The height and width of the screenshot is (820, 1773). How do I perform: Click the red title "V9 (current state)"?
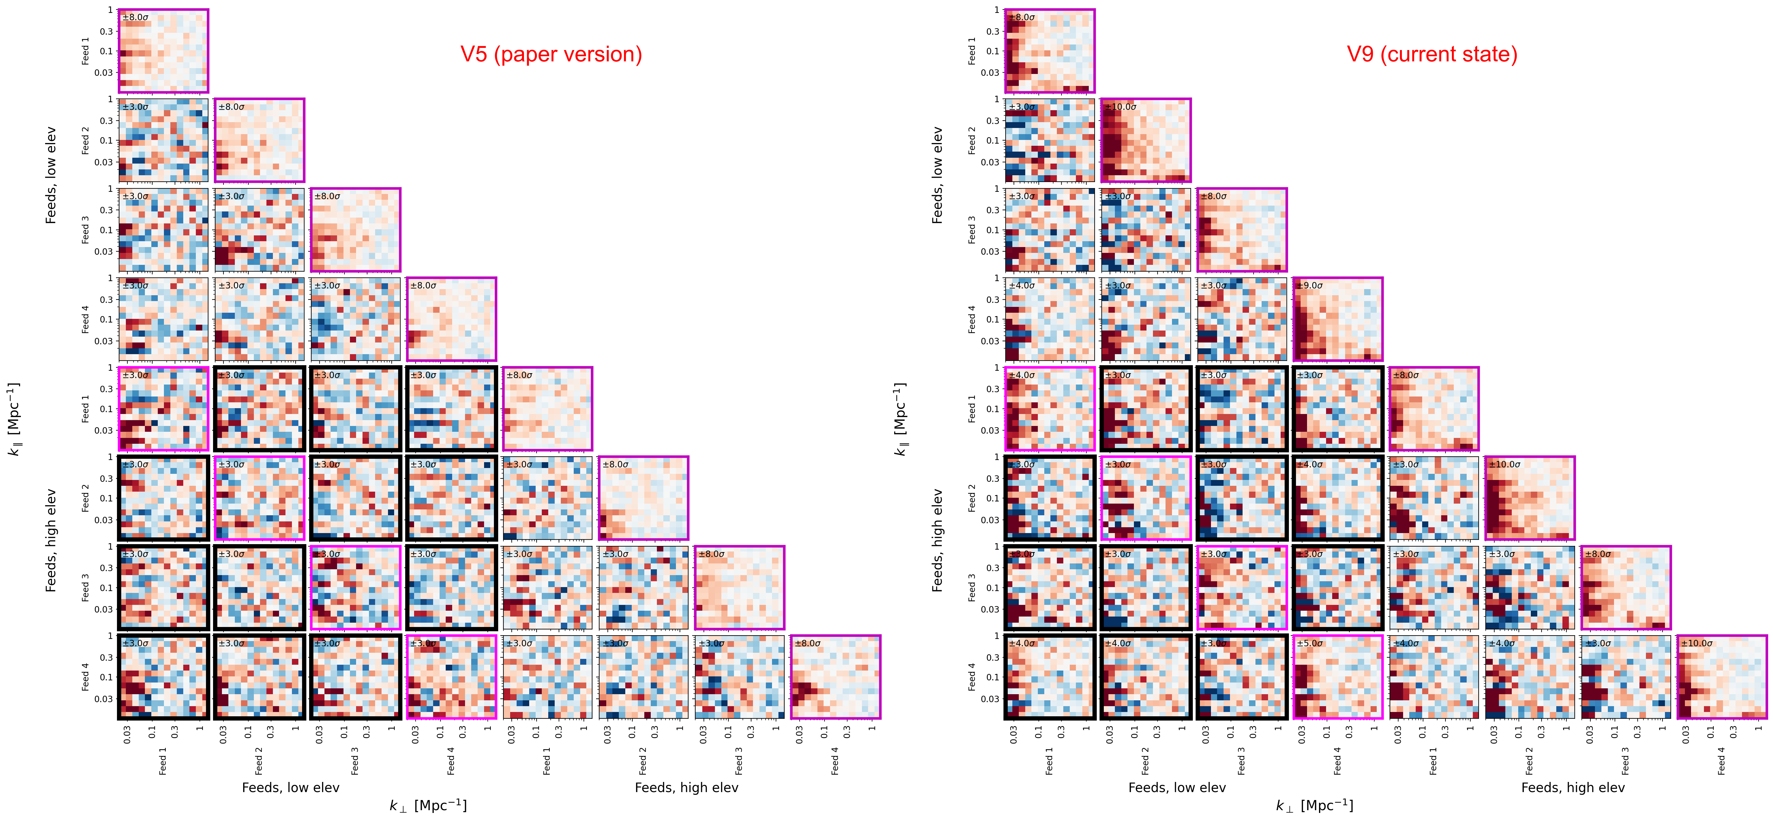click(1432, 54)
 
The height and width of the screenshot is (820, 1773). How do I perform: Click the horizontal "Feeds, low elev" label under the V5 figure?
click(290, 788)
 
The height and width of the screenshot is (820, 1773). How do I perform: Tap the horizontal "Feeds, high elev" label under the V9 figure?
click(1573, 788)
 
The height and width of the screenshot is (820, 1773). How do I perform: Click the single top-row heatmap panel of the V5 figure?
click(163, 51)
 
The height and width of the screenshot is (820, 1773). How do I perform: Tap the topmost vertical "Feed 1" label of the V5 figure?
click(85, 51)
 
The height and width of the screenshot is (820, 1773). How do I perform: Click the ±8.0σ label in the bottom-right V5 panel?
click(808, 643)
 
